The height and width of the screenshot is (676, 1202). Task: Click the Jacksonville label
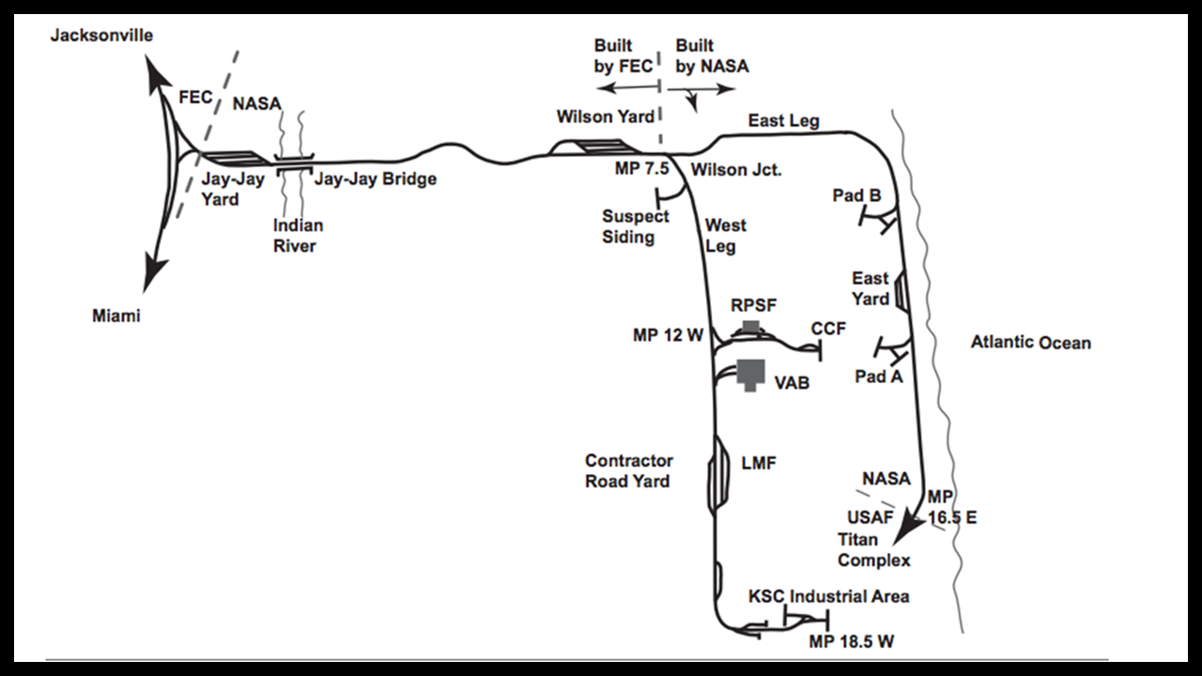coord(101,36)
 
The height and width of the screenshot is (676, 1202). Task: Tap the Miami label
coord(116,315)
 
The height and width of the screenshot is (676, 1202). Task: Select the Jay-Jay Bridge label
coord(376,178)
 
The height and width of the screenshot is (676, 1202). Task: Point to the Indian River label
coord(298,236)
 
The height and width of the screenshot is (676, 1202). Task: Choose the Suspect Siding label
coord(636,226)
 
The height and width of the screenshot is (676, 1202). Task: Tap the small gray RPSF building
coord(750,326)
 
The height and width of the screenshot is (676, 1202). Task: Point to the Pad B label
coord(856,195)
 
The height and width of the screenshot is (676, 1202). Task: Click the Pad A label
coord(879,376)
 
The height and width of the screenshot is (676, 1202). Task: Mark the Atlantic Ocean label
coord(1031,342)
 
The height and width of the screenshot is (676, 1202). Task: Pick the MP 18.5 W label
coord(852,641)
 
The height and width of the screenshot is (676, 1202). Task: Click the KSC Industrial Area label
coord(829,596)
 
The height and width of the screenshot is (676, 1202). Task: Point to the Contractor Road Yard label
coord(628,471)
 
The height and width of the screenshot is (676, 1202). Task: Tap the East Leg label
coord(783,120)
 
